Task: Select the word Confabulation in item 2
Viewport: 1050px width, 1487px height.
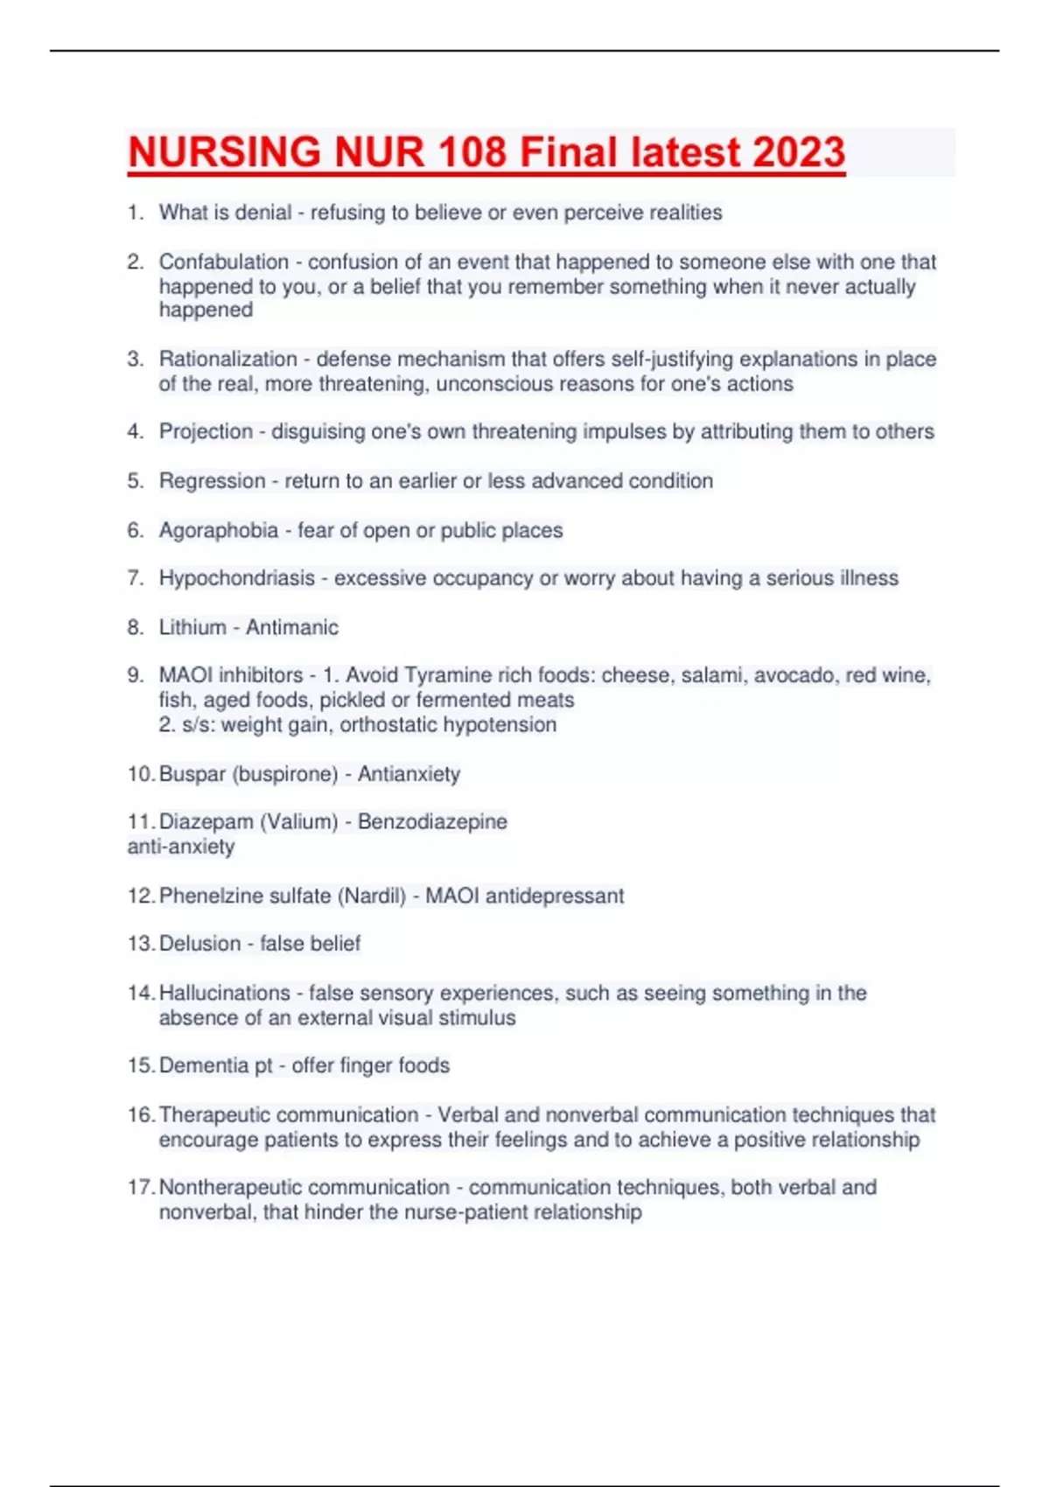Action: (224, 262)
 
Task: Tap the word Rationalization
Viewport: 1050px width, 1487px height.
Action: (228, 359)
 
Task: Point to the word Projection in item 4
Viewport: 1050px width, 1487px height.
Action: (206, 431)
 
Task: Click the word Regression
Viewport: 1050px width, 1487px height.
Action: (212, 481)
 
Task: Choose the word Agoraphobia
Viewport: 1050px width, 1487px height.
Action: (219, 530)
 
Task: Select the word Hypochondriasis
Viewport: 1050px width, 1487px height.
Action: (236, 578)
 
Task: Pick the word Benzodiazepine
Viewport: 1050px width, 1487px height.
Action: (432, 821)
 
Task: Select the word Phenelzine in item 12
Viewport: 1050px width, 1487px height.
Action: (206, 896)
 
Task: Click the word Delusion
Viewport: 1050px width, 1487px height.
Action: (199, 944)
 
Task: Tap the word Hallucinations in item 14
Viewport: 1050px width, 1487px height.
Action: (224, 993)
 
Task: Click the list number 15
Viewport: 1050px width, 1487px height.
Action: (140, 1065)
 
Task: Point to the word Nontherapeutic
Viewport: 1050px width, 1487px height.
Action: (229, 1187)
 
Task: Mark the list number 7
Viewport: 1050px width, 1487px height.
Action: (135, 578)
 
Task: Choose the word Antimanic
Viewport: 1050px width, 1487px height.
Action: (291, 627)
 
